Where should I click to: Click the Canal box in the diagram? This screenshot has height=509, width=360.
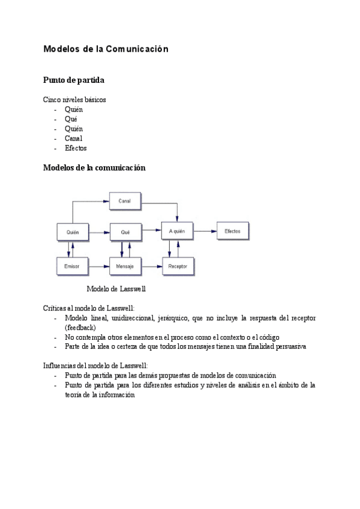point(125,200)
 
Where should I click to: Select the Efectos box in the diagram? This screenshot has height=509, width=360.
point(233,231)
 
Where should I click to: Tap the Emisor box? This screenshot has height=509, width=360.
point(72,265)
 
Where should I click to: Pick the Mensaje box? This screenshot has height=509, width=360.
point(125,265)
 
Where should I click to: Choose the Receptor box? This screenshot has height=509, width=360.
point(178,266)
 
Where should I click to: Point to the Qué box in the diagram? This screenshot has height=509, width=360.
point(125,231)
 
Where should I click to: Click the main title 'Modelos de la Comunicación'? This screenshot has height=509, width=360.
point(106,49)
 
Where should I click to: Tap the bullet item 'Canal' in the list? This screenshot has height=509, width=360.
point(74,139)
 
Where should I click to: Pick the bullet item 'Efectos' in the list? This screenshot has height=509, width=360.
point(76,148)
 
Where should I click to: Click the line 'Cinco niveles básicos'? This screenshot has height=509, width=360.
point(74,100)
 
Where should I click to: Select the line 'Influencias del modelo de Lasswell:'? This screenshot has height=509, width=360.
point(95,366)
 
